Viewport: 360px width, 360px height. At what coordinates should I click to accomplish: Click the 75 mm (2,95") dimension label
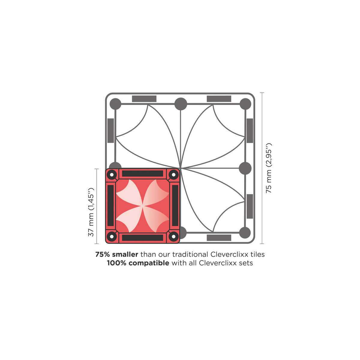(x=268, y=168)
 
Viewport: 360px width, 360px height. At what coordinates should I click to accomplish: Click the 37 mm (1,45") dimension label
(x=91, y=212)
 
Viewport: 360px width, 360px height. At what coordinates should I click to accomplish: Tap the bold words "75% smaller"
(x=117, y=254)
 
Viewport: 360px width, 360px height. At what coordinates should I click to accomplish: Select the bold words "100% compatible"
(x=138, y=263)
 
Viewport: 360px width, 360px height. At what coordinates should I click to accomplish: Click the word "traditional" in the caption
(x=190, y=254)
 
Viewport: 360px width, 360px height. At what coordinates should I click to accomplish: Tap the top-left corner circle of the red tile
(x=112, y=175)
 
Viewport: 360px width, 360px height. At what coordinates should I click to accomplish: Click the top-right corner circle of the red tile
(x=174, y=175)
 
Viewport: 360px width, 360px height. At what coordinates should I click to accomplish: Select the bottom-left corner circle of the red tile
(x=112, y=236)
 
